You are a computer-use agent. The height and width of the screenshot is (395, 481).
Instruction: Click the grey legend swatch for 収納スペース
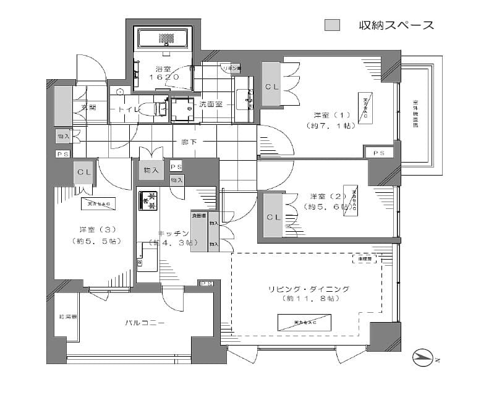(x=333, y=25)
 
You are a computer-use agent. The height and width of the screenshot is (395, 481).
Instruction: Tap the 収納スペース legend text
(x=396, y=25)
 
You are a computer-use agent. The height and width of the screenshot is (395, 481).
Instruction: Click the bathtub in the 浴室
(x=164, y=38)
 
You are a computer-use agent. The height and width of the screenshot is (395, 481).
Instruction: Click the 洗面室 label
(x=210, y=104)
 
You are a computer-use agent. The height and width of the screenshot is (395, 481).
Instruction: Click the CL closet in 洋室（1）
(x=271, y=87)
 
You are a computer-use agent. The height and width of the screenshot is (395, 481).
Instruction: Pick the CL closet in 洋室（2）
(x=272, y=217)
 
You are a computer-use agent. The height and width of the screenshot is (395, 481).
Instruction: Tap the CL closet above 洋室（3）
(x=83, y=172)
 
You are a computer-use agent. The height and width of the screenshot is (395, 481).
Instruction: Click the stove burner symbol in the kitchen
(x=147, y=202)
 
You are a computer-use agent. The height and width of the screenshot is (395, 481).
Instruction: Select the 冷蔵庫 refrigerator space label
(x=199, y=216)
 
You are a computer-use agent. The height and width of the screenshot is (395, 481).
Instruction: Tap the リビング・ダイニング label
(x=309, y=289)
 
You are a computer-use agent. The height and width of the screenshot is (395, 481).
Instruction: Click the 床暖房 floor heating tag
(x=364, y=259)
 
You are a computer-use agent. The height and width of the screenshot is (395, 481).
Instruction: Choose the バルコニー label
(x=145, y=323)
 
